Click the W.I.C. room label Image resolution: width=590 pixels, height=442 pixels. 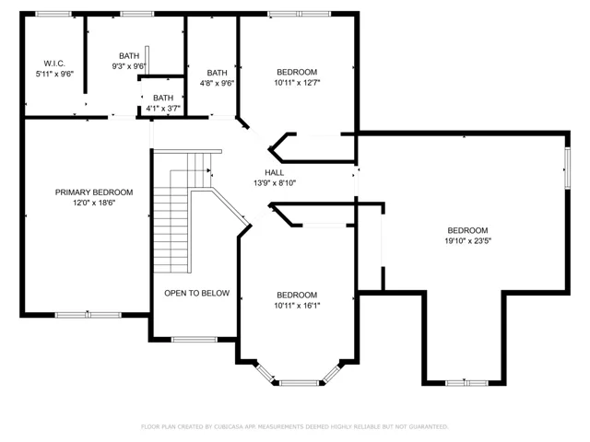54,64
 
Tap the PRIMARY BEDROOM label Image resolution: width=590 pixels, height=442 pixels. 94,192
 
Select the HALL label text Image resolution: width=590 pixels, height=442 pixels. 275,173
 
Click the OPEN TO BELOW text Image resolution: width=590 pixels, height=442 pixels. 196,293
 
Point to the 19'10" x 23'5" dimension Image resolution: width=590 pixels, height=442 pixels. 467,241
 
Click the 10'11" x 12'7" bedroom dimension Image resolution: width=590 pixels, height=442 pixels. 297,83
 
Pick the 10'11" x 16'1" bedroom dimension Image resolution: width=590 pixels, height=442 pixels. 297,306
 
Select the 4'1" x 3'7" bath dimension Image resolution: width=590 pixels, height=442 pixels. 163,109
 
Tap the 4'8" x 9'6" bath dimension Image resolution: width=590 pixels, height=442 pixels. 218,83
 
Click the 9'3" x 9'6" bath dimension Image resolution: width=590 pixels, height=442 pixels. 129,66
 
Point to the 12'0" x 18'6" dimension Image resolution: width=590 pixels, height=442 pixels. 94,203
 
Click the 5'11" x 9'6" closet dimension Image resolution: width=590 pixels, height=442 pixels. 54,74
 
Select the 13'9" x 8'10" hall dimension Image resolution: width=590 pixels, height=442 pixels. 275,183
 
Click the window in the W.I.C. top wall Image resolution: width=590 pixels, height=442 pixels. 53,15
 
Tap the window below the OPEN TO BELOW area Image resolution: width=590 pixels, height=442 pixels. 195,340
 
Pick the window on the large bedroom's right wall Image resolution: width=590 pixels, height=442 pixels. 567,168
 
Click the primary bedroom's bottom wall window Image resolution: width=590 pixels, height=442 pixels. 88,315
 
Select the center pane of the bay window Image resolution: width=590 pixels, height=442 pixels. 299,383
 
